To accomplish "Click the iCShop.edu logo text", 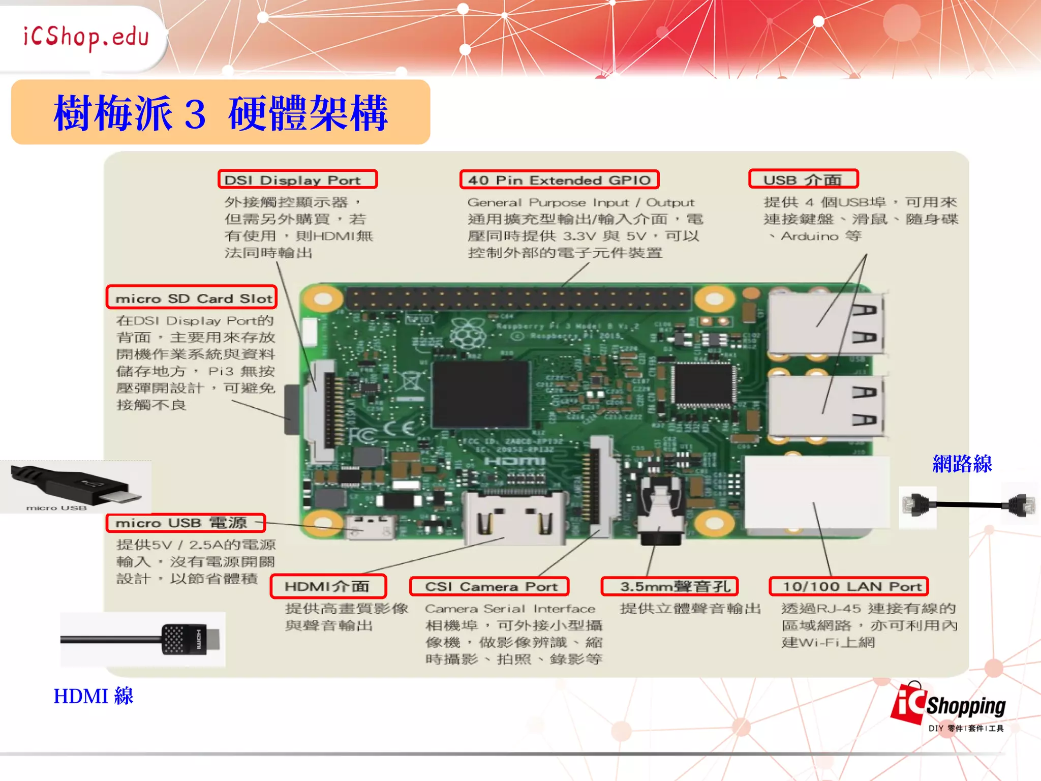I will click(86, 37).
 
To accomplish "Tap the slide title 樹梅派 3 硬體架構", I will click(221, 112).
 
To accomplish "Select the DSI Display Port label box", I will click(298, 179).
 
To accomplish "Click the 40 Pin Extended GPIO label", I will click(559, 179).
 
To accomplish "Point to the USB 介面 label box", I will click(803, 179).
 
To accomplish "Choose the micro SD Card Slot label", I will click(192, 297).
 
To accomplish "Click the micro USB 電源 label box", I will click(186, 523).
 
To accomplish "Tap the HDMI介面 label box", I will click(328, 586).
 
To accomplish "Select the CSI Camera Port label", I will click(489, 586).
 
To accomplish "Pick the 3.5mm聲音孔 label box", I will click(669, 586).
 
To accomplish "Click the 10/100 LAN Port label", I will click(849, 586).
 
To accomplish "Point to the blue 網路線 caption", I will click(962, 464).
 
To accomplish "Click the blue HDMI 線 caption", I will click(94, 696).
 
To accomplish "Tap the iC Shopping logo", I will click(948, 707).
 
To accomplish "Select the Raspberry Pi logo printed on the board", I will click(468, 333).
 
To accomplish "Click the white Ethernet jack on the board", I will click(817, 492).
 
